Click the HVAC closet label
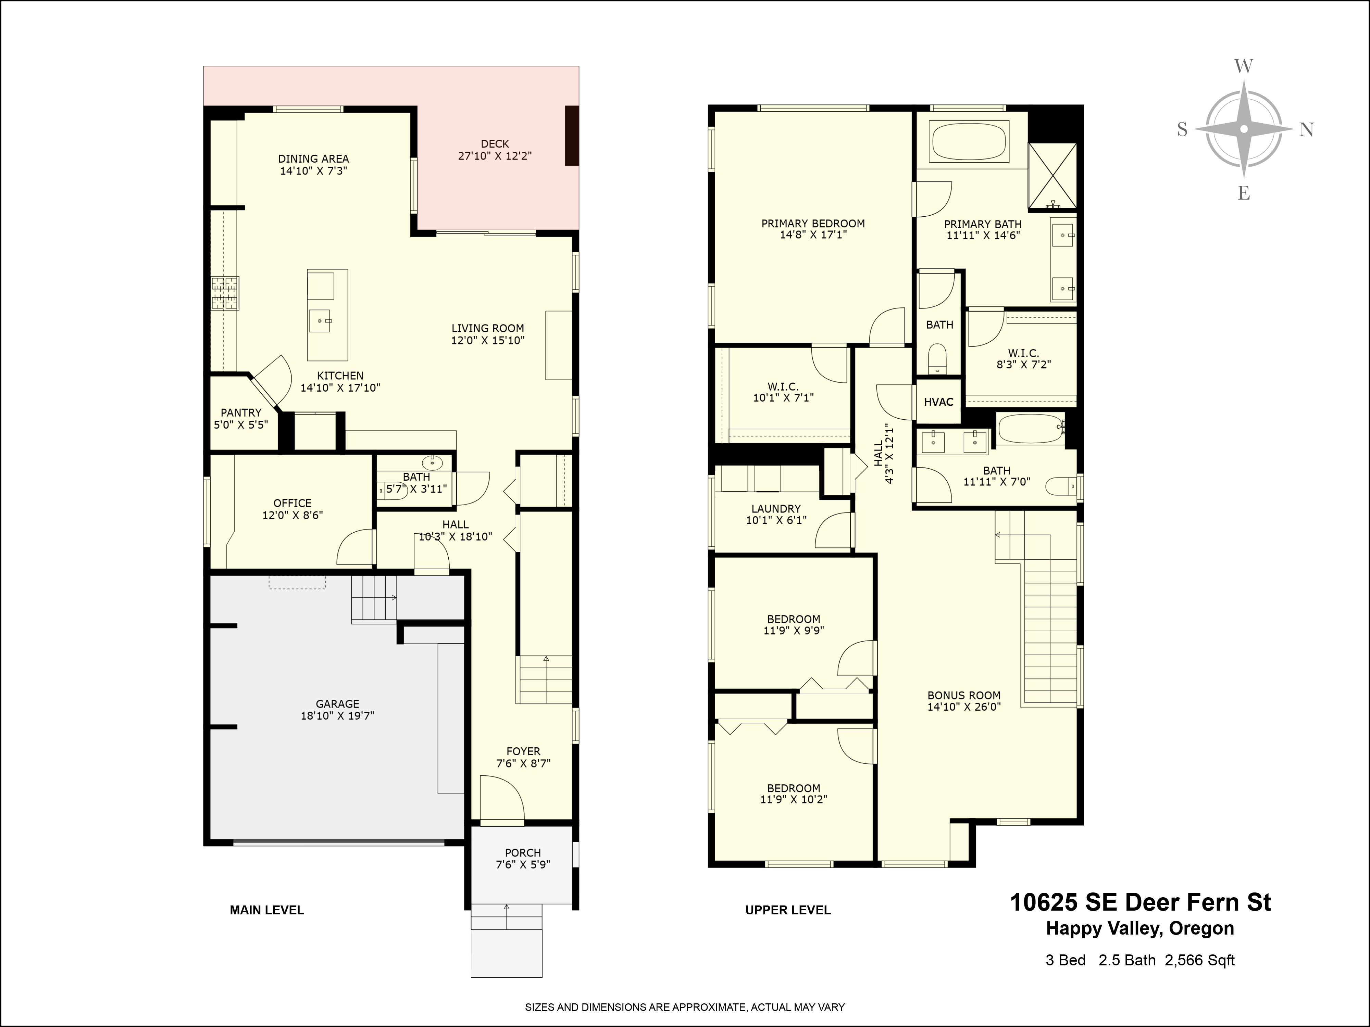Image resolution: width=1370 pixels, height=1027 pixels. tap(938, 402)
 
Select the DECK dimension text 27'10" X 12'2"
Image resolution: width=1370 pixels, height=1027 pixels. tap(495, 156)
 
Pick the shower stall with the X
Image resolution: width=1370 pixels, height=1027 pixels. tap(1052, 175)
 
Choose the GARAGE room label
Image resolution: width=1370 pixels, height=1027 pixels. tap(338, 704)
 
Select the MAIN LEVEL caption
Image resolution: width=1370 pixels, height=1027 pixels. tap(267, 910)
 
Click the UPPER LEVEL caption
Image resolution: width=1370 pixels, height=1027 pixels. tap(788, 910)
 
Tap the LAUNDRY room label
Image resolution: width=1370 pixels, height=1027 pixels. tap(776, 509)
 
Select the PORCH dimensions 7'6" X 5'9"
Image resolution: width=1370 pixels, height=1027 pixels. tap(523, 864)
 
